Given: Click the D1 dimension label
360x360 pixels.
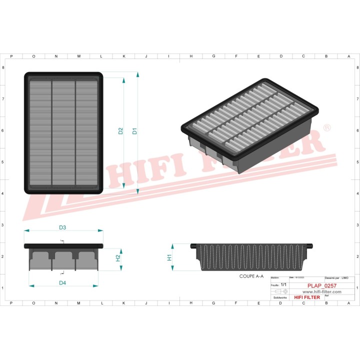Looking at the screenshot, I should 134,131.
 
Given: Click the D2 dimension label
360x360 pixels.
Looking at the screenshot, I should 120,131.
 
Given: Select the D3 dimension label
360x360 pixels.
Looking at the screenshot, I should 62,227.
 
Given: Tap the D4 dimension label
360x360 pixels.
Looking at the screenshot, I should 62,283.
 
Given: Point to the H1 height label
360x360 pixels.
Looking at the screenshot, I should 169,257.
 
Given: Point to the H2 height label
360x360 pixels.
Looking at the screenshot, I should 118,258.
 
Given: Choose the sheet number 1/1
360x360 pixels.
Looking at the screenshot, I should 283,284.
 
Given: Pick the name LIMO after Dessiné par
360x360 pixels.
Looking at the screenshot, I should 345,277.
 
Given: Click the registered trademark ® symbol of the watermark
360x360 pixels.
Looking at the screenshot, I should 327,128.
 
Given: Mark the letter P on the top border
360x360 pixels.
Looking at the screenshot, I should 11,56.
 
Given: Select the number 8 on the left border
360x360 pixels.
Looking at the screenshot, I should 4,67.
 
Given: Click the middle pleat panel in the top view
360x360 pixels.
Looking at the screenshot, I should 63,132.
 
